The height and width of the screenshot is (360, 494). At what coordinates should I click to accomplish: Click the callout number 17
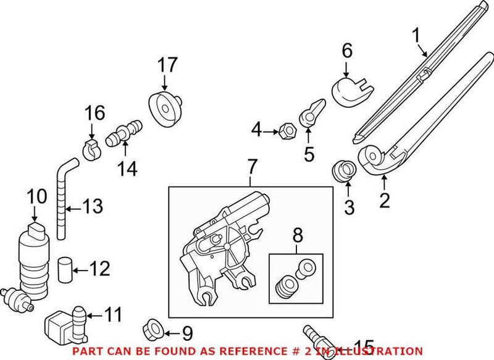tap(167, 64)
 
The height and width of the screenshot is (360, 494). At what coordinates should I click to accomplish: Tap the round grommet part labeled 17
tap(166, 110)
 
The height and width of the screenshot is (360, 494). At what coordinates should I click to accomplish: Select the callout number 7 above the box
tap(251, 166)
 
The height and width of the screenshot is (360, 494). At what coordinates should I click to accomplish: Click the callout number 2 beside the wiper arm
tap(384, 199)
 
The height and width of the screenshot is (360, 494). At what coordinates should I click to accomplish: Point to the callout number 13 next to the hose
tap(93, 207)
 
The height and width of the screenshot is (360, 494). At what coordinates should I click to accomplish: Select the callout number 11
tap(113, 314)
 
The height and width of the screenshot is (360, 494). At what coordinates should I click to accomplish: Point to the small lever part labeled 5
tap(310, 112)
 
